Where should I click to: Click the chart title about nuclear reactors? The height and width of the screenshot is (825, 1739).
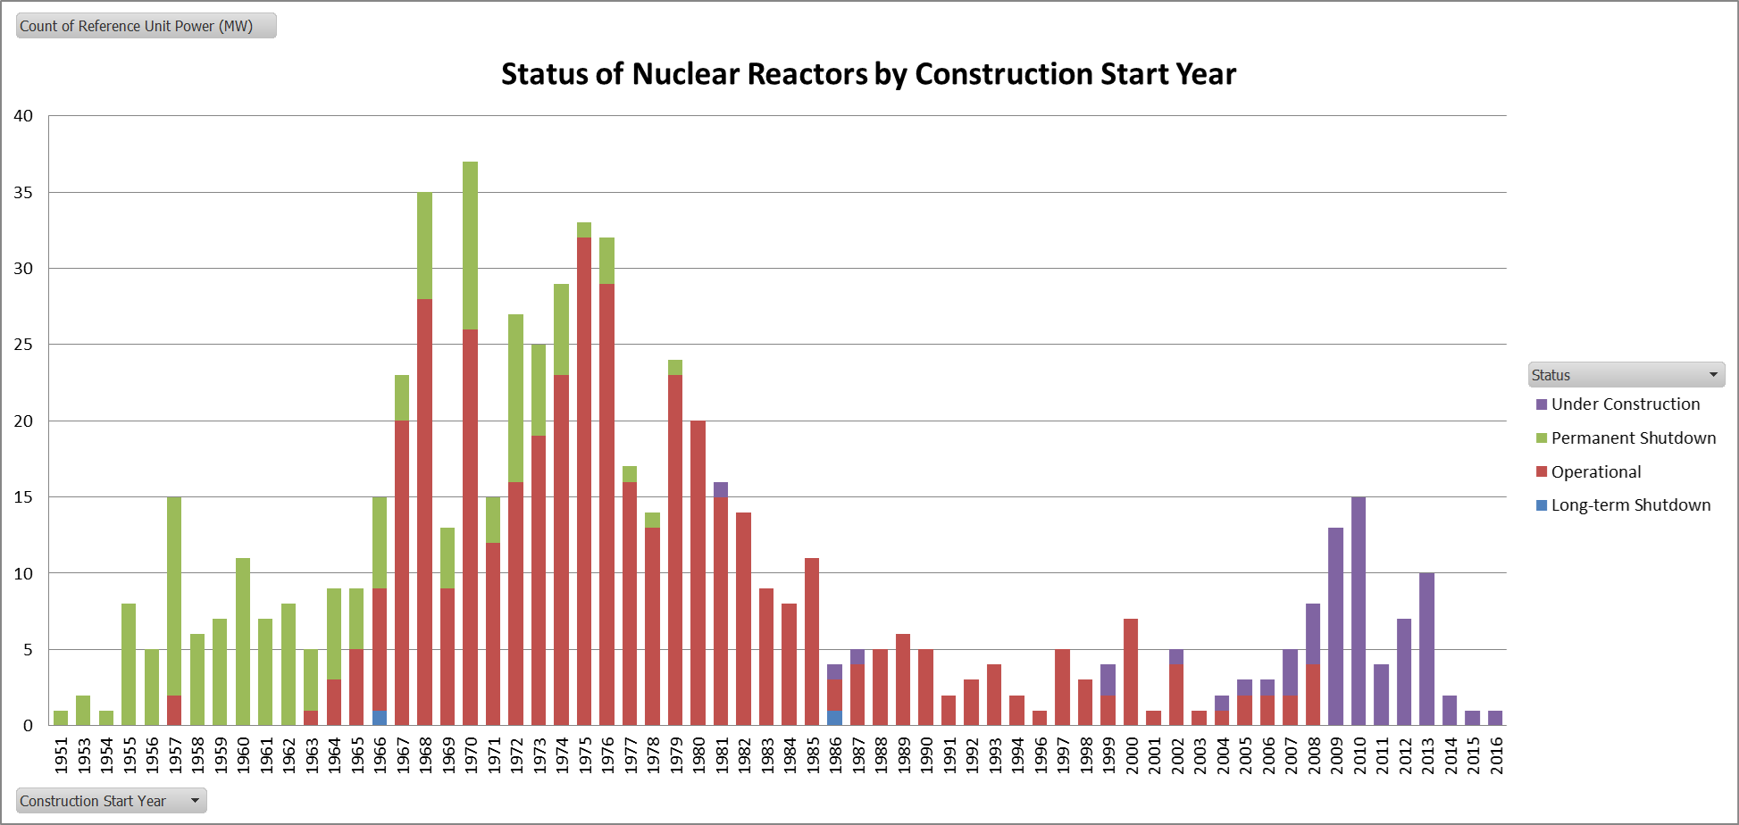[868, 74]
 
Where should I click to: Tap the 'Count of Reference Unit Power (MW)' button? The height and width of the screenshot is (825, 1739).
[146, 26]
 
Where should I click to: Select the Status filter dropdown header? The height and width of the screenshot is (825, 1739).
[1626, 375]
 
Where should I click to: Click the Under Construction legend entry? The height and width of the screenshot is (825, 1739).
[1625, 404]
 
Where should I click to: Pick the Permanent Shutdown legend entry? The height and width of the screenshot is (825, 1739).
[1633, 438]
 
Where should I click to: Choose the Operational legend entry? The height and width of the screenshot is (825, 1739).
[1595, 472]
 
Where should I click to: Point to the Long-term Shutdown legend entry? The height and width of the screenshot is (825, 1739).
[1630, 505]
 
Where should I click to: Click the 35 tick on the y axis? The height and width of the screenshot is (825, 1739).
[23, 193]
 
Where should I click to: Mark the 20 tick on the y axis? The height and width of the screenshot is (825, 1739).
[23, 421]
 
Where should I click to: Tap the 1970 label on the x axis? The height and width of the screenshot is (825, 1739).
[471, 754]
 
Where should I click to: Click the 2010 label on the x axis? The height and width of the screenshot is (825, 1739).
[1359, 754]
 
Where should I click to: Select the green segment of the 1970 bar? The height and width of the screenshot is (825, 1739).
[471, 246]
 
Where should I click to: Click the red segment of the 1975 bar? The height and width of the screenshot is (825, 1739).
[584, 482]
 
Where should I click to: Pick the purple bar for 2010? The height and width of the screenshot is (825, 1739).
[1359, 612]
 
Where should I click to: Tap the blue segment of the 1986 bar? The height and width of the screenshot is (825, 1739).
[834, 718]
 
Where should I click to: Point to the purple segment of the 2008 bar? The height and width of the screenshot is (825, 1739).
[1313, 634]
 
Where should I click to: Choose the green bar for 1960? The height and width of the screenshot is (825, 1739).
[243, 642]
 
